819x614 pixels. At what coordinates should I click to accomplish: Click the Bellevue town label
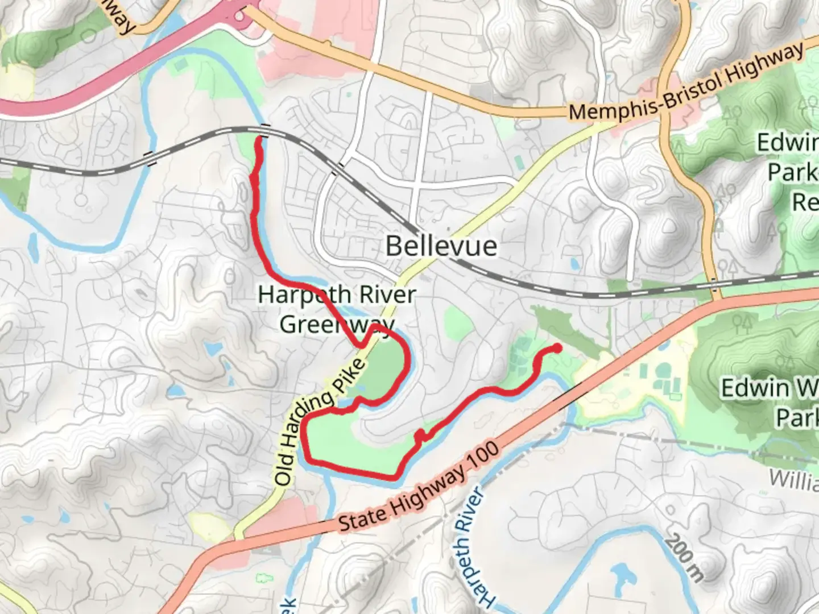point(441,246)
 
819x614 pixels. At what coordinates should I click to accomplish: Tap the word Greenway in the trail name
point(337,324)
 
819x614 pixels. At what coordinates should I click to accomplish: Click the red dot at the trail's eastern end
point(557,348)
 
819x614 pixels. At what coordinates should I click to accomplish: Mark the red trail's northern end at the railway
point(260,138)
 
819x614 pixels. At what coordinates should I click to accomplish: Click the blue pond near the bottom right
point(621,574)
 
